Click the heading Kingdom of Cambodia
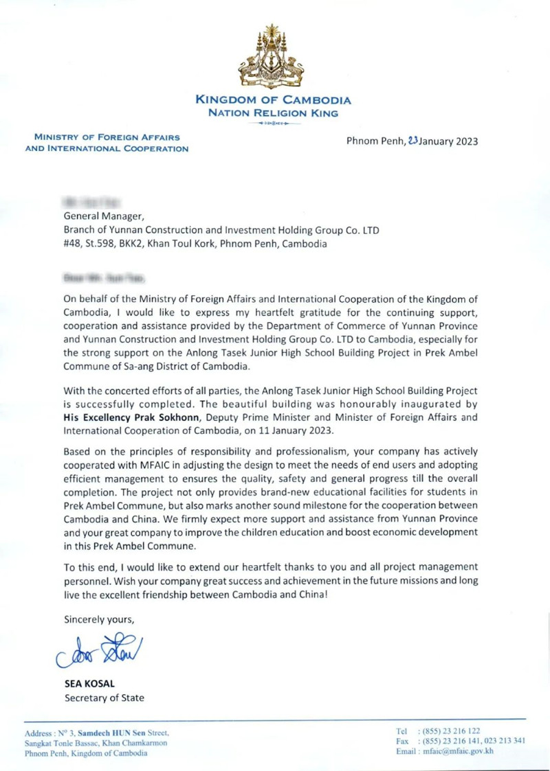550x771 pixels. [274, 101]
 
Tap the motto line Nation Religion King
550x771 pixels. [274, 113]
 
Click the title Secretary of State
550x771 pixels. [104, 698]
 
